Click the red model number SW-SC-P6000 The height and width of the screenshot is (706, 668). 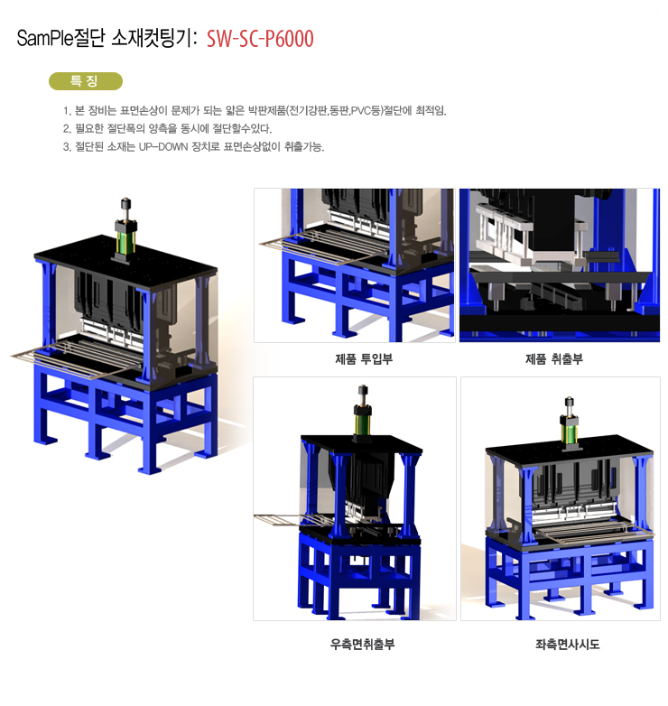[x=260, y=39]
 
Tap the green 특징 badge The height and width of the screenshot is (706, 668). [x=86, y=81]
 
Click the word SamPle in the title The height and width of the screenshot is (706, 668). [x=44, y=38]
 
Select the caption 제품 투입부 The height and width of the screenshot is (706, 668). [x=364, y=358]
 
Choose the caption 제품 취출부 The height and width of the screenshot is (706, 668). [x=554, y=358]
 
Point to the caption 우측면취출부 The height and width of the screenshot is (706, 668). [x=362, y=645]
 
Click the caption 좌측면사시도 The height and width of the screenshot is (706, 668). [x=567, y=645]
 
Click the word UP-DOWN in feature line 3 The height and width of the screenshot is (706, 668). [x=163, y=147]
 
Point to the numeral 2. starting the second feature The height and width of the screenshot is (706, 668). [x=67, y=129]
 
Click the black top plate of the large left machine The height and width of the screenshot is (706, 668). [x=125, y=264]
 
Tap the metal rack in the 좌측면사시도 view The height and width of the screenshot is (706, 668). [x=594, y=531]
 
